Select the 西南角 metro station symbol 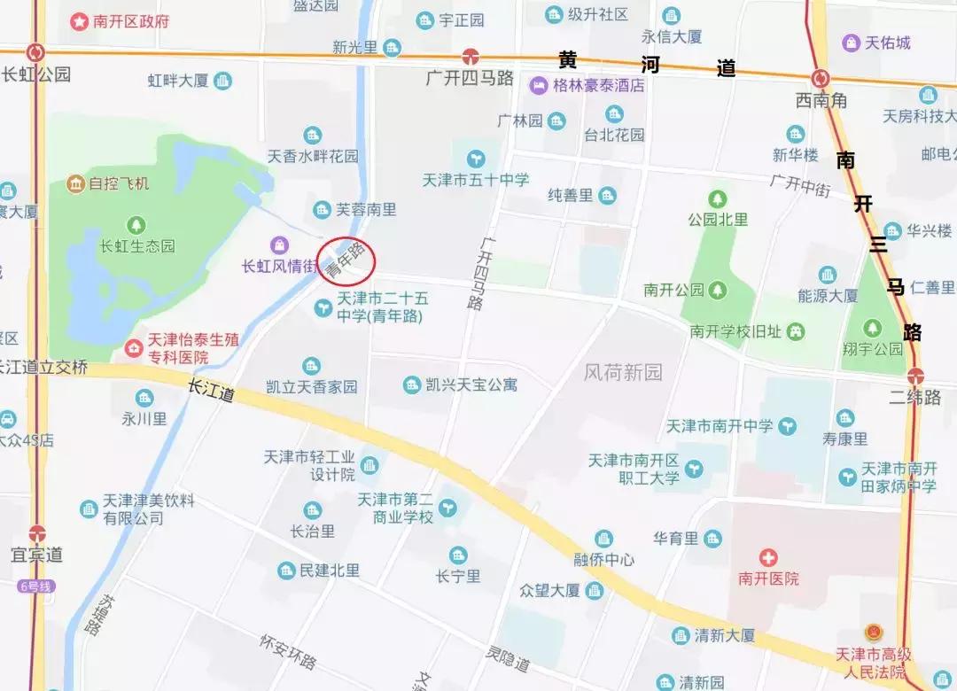[x=821, y=78]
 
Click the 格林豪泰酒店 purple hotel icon [x=538, y=86]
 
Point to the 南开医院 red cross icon [x=768, y=557]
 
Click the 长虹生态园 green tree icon [x=136, y=225]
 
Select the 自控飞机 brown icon [x=75, y=184]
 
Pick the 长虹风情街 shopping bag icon [x=280, y=245]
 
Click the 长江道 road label [x=211, y=391]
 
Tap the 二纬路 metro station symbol [x=915, y=376]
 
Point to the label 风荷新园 [x=623, y=373]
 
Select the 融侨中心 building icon [x=603, y=539]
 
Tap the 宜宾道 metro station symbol [x=36, y=533]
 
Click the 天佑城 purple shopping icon [x=852, y=43]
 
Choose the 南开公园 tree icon [x=718, y=290]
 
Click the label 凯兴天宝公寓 [x=471, y=385]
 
